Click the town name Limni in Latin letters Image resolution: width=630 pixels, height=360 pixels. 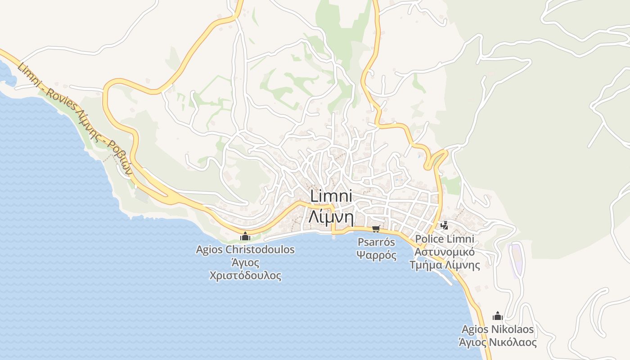pos(330,197)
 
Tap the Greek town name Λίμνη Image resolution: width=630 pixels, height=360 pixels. pos(330,217)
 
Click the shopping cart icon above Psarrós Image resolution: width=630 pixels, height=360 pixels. pos(376,229)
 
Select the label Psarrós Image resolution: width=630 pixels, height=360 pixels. pos(376,242)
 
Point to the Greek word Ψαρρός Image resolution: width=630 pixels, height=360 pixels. pos(376,256)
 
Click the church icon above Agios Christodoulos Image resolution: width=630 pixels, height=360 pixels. pos(245,236)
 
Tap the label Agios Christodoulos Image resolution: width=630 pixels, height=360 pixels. pos(245,249)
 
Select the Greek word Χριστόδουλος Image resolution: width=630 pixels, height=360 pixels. pos(245,275)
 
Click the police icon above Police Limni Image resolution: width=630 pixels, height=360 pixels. pos(445,225)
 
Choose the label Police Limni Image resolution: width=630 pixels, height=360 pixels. pos(445,238)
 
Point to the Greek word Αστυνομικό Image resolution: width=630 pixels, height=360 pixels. pos(445,252)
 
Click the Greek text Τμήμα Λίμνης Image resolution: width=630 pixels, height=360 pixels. pos(445,265)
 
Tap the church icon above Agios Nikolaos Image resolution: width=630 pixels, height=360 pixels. pos(497,316)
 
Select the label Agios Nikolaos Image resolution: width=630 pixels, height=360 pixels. pos(497,329)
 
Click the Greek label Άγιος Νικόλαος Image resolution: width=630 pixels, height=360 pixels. pos(497,342)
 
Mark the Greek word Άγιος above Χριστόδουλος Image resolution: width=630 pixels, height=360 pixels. pos(245,262)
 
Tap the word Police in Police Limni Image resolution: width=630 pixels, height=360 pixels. pos(429,238)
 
